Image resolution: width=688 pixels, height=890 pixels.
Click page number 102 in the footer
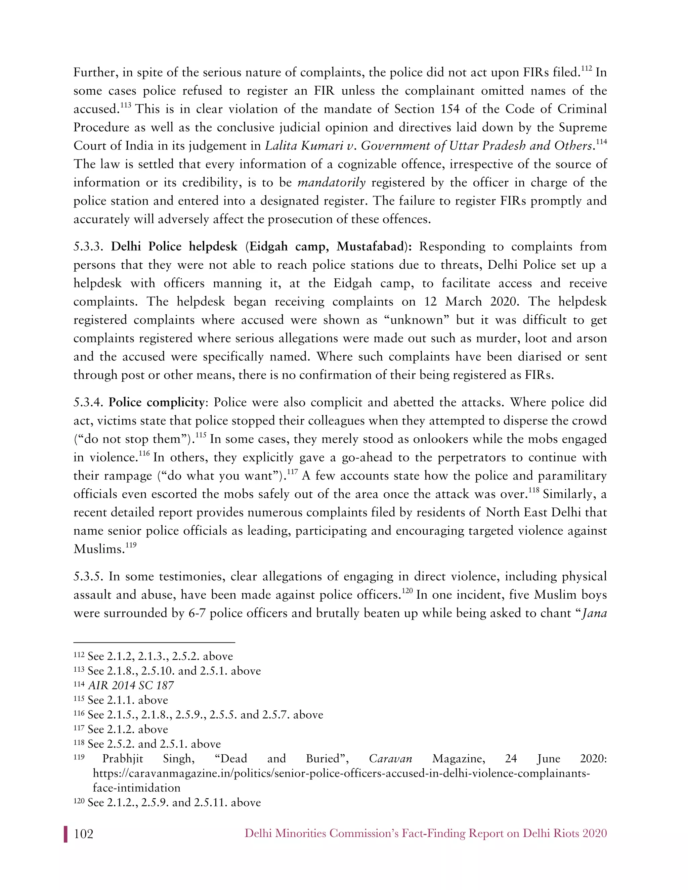pyautogui.click(x=84, y=834)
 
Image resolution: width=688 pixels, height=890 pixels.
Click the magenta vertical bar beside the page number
pyautogui.click(x=65, y=834)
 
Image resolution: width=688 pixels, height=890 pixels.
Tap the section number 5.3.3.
pyautogui.click(x=90, y=247)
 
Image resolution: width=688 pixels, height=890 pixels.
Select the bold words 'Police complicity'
pyautogui.click(x=157, y=402)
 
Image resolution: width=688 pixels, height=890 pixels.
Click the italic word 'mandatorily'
pyautogui.click(x=331, y=183)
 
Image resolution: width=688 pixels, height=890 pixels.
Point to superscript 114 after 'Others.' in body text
pyautogui.click(x=601, y=142)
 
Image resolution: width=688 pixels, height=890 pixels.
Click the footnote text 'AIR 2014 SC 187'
pyautogui.click(x=131, y=685)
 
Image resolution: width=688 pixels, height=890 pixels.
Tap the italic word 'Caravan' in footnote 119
pyautogui.click(x=390, y=759)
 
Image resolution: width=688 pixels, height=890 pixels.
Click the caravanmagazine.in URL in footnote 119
pyautogui.click(x=341, y=773)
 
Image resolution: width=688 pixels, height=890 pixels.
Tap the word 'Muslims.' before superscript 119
pyautogui.click(x=99, y=549)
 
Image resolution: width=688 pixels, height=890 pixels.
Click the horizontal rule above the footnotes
pyautogui.click(x=154, y=642)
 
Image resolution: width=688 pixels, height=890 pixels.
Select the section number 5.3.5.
pyautogui.click(x=90, y=577)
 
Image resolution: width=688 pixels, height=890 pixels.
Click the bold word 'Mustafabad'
pyautogui.click(x=370, y=247)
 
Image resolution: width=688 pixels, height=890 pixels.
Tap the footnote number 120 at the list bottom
pyautogui.click(x=79, y=802)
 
